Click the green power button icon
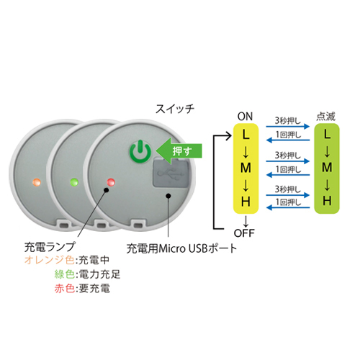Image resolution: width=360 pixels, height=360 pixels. pyautogui.click(x=140, y=151)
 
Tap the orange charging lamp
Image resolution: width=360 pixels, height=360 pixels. pyautogui.click(x=37, y=182)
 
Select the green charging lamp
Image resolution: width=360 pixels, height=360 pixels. pyautogui.click(x=74, y=182)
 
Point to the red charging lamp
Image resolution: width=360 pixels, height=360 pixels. pyautogui.click(x=111, y=182)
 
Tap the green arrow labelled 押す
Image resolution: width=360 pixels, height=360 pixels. pyautogui.click(x=179, y=151)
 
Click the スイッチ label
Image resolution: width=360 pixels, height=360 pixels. pyautogui.click(x=175, y=109)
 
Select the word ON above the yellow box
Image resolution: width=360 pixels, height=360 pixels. pyautogui.click(x=245, y=117)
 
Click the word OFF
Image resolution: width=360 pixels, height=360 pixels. pyautogui.click(x=244, y=233)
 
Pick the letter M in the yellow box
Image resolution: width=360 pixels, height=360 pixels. pyautogui.click(x=246, y=168)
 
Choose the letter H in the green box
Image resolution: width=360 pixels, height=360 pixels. pyautogui.click(x=327, y=201)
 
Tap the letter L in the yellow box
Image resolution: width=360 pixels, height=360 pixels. pyautogui.click(x=246, y=135)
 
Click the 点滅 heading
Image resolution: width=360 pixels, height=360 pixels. pyautogui.click(x=325, y=117)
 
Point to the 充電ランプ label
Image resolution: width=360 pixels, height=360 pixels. pyautogui.click(x=50, y=247)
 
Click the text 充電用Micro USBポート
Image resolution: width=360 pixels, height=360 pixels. pyautogui.click(x=181, y=248)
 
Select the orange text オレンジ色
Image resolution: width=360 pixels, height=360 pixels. pyautogui.click(x=49, y=260)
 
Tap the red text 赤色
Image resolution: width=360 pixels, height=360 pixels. pyautogui.click(x=64, y=288)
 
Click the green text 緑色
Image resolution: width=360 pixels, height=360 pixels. pyautogui.click(x=64, y=274)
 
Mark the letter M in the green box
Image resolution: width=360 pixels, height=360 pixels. pyautogui.click(x=327, y=167)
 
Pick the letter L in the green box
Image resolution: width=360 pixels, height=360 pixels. pyautogui.click(x=327, y=134)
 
